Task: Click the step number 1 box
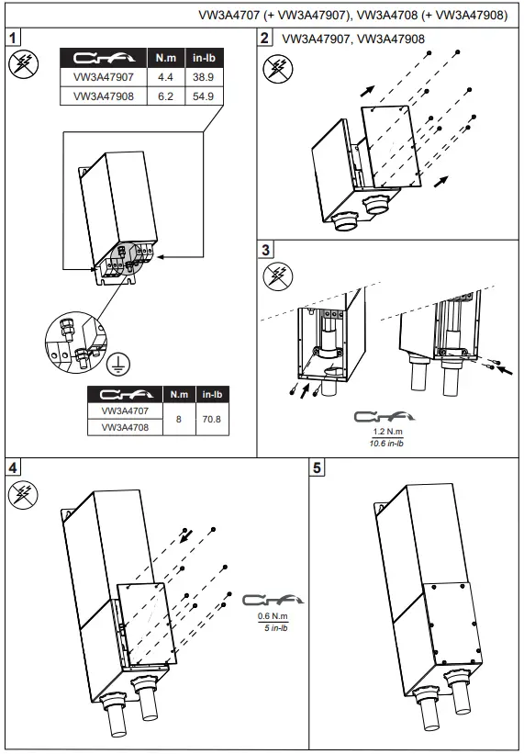pos(13,38)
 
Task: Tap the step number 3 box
pos(265,250)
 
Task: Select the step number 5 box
pos(317,467)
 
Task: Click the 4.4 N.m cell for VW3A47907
pos(166,77)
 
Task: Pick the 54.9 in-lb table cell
pos(204,96)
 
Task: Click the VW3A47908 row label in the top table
pos(104,96)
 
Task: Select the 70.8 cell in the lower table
pos(212,420)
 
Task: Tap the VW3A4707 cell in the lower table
pos(125,411)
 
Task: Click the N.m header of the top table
pos(166,58)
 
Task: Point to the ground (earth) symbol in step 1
pos(118,364)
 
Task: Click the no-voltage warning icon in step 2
pos(278,68)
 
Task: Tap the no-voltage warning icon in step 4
pos(23,495)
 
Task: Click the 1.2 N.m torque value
pos(387,432)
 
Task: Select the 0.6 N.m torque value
pos(273,616)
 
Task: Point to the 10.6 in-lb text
pos(386,444)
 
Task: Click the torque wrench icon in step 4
pos(273,600)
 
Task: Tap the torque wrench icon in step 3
pos(385,416)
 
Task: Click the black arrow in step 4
pos(186,536)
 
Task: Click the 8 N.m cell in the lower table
pos(179,420)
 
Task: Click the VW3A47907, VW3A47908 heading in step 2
pos(353,39)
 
